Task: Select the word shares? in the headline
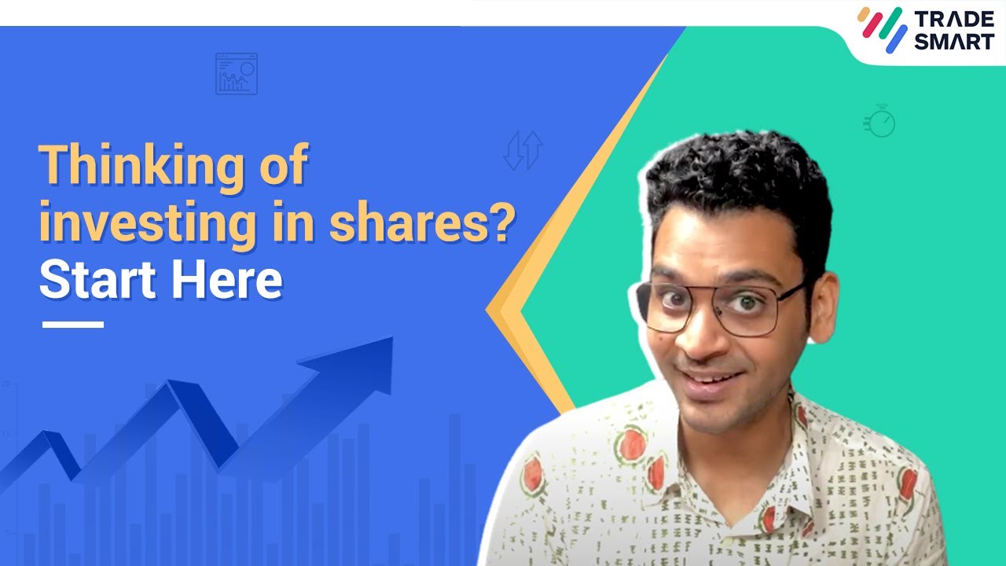(422, 223)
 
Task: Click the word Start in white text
(91, 280)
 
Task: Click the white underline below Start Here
(72, 324)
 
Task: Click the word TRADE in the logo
(953, 19)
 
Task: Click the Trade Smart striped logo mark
(883, 30)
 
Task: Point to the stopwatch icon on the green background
(881, 122)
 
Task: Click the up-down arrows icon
(523, 151)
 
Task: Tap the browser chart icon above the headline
(236, 74)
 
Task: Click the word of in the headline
(281, 167)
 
